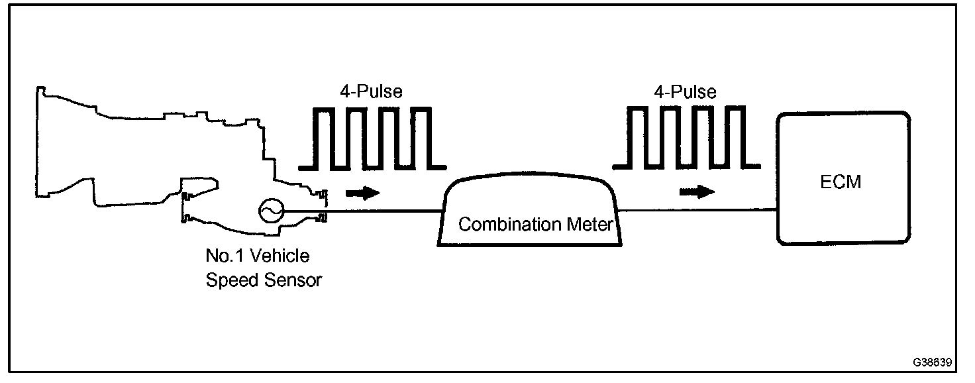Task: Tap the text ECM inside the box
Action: (x=841, y=182)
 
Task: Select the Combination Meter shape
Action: (x=531, y=212)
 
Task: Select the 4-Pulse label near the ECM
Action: (x=685, y=91)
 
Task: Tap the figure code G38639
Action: (x=932, y=363)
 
